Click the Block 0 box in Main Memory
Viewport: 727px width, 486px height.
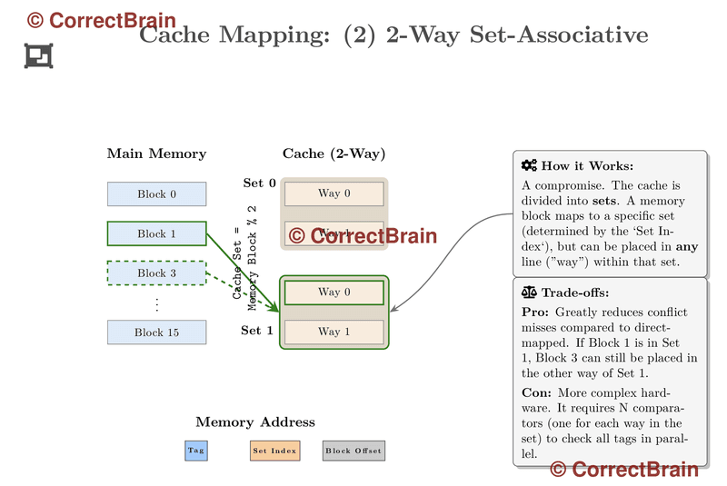[x=156, y=194]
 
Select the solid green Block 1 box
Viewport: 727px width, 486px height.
[x=156, y=233]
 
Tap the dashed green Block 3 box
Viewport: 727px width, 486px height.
[x=156, y=273]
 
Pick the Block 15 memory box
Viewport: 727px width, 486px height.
[x=156, y=332]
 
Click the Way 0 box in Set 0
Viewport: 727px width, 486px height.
[x=334, y=193]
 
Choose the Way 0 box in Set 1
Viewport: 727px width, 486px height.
[x=334, y=293]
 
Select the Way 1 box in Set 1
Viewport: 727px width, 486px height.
[x=334, y=332]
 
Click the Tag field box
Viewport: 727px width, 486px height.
[x=196, y=451]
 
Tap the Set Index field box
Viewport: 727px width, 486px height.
[x=274, y=451]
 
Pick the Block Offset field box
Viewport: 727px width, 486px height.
[x=354, y=451]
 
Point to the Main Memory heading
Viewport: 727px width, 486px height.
[x=156, y=154]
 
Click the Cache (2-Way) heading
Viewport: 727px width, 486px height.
[x=334, y=154]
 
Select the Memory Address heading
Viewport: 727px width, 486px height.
[x=255, y=422]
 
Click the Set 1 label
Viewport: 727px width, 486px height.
[x=257, y=331]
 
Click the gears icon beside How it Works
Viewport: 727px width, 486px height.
[x=529, y=166]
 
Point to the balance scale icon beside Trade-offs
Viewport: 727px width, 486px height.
[x=529, y=293]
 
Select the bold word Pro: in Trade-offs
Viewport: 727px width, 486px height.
[x=536, y=312]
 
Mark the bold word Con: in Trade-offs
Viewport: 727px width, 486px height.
[x=537, y=392]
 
